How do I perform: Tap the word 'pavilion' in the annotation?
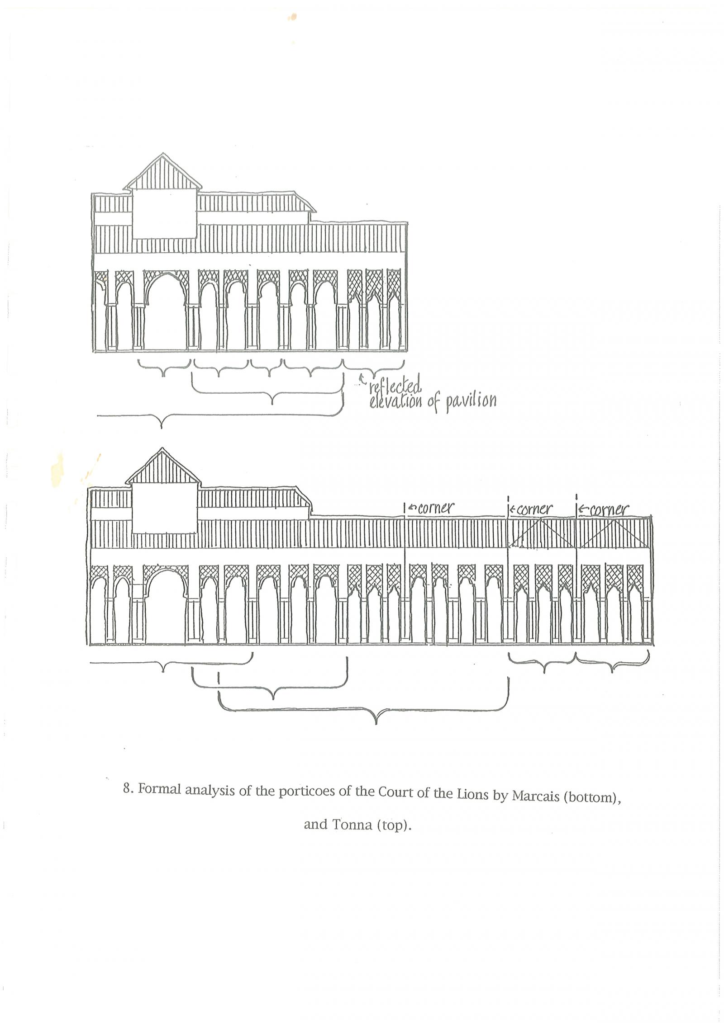click(x=471, y=401)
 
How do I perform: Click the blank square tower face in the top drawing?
click(x=164, y=214)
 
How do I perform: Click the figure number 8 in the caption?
click(x=128, y=789)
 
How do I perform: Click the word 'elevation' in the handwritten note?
click(x=396, y=401)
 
